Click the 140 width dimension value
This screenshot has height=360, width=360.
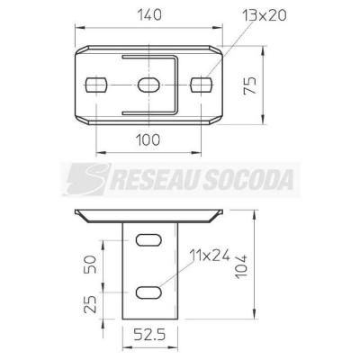(x=149, y=15)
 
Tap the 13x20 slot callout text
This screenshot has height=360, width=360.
(x=265, y=15)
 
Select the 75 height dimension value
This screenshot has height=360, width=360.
(x=250, y=85)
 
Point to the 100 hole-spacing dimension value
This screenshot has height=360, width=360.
(x=148, y=140)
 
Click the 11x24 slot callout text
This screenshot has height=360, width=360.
(x=210, y=256)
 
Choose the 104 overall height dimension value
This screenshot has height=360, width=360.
(x=241, y=266)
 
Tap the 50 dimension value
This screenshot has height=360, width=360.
(x=91, y=265)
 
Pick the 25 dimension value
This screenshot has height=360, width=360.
(x=90, y=304)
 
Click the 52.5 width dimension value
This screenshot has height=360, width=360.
(x=149, y=335)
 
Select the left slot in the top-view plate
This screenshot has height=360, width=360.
(x=96, y=85)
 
